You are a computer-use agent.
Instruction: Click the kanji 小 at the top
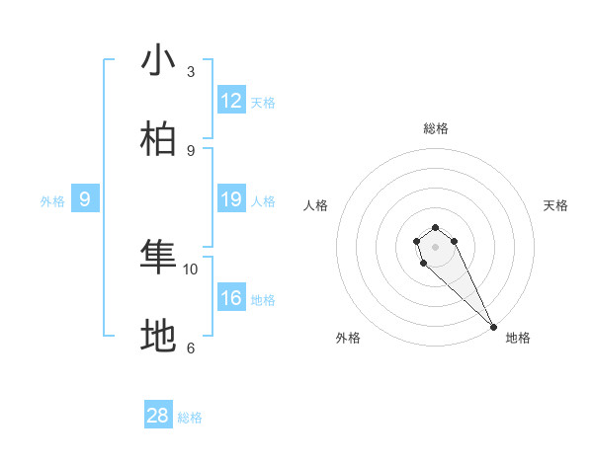(x=158, y=61)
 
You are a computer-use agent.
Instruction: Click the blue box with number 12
(x=231, y=101)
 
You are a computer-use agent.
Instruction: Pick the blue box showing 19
(x=231, y=199)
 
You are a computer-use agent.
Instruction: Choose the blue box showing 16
(x=231, y=298)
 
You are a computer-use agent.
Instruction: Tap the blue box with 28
(x=158, y=416)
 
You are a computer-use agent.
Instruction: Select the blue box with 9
(x=85, y=199)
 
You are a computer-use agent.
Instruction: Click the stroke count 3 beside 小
(x=191, y=72)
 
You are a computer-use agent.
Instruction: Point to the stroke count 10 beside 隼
(x=191, y=269)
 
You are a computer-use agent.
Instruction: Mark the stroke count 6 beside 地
(x=191, y=348)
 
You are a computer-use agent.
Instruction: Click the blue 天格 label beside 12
(x=263, y=103)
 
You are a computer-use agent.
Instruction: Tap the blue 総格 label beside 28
(x=190, y=418)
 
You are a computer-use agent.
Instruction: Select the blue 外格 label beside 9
(x=52, y=201)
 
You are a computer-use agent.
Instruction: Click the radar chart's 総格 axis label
(x=435, y=128)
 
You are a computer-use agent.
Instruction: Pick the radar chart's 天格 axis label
(x=555, y=205)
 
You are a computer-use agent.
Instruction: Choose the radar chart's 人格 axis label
(x=315, y=205)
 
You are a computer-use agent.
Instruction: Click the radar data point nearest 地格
(x=493, y=327)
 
